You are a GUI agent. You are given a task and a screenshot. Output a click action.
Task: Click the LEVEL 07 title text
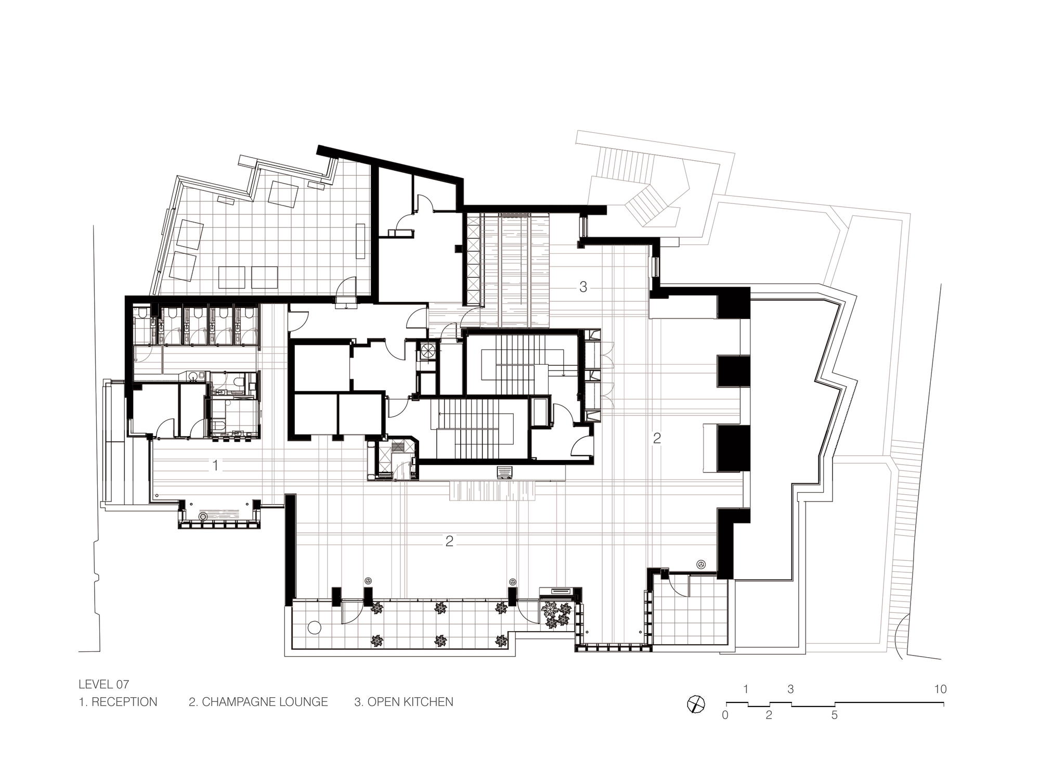(103, 684)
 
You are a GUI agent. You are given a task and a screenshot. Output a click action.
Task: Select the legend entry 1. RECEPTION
(118, 702)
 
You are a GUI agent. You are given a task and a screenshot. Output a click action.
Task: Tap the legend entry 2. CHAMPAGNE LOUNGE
(258, 702)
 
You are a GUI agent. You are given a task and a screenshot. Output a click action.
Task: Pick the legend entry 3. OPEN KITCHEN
(404, 702)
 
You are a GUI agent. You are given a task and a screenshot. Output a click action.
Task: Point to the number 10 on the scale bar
(940, 689)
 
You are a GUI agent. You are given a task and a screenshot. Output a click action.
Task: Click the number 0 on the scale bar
(725, 715)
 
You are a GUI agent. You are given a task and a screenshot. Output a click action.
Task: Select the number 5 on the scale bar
(834, 715)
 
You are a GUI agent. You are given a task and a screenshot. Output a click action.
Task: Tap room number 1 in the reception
(215, 465)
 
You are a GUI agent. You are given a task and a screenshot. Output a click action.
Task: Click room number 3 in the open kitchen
(583, 287)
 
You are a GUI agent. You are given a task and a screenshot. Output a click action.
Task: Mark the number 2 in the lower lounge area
(449, 541)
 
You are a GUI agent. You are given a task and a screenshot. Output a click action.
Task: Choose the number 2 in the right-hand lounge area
(657, 438)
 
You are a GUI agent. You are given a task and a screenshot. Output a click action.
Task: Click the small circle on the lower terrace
(314, 627)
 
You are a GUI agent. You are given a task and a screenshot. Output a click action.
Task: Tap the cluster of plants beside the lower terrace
(555, 614)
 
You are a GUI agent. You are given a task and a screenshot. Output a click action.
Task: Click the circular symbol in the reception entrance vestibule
(203, 517)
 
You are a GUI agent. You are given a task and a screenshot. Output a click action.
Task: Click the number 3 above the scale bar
(790, 689)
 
